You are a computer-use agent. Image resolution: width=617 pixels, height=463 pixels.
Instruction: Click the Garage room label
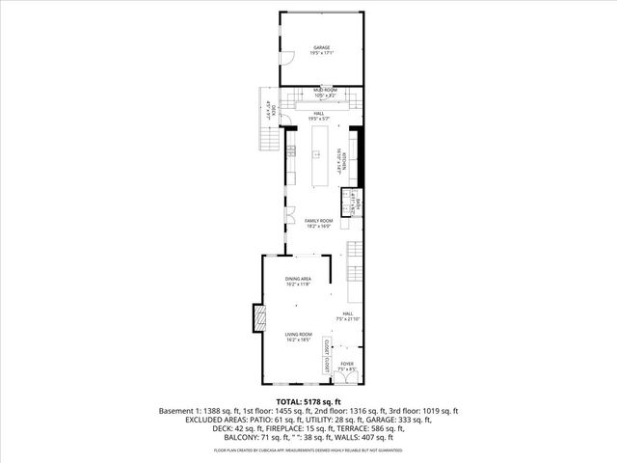[321, 50]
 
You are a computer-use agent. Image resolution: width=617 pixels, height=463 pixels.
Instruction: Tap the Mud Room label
[324, 92]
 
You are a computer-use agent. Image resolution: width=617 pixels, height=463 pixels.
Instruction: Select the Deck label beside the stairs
[271, 111]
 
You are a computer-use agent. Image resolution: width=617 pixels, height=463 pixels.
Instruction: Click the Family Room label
[318, 224]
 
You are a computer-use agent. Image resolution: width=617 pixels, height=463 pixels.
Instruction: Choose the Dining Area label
[298, 281]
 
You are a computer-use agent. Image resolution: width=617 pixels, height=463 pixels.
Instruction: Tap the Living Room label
[298, 337]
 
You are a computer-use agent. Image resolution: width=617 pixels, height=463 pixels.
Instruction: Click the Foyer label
[346, 366]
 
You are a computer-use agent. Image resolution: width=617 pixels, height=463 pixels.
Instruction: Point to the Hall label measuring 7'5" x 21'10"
[347, 316]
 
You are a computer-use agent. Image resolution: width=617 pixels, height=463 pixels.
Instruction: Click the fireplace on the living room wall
[257, 318]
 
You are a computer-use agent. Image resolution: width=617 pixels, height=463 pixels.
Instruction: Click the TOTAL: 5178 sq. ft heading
[308, 400]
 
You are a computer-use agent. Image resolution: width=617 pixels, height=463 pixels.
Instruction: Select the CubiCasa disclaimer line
[308, 449]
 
